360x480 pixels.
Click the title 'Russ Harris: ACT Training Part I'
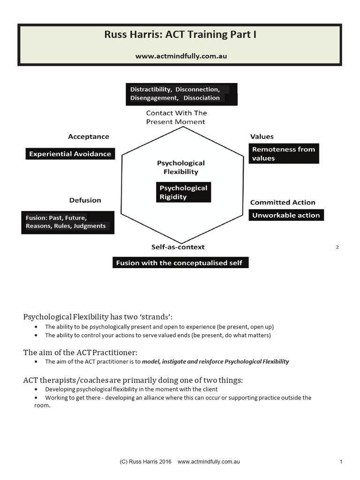(x=181, y=36)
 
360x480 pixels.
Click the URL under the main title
(x=181, y=56)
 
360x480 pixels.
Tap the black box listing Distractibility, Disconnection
(x=181, y=94)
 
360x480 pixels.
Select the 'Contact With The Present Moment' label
(x=176, y=117)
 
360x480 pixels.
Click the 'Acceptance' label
(x=88, y=137)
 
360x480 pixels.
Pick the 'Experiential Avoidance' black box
(x=70, y=154)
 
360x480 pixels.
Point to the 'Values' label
(x=262, y=137)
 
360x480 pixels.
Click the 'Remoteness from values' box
(x=284, y=154)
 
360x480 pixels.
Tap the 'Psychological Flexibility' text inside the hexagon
(x=180, y=167)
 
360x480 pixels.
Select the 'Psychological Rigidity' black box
(x=183, y=193)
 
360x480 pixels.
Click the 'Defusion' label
(x=85, y=200)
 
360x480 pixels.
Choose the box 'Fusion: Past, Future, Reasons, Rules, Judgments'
(x=67, y=222)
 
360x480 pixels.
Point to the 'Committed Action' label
(x=283, y=202)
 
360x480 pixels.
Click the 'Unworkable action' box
(x=286, y=215)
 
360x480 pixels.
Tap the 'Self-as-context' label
(x=178, y=247)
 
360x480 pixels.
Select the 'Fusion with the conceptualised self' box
(x=180, y=263)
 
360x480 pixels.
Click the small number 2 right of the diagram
(x=337, y=247)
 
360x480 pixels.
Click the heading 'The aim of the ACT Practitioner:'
(x=81, y=352)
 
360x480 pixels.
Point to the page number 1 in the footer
(x=341, y=462)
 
